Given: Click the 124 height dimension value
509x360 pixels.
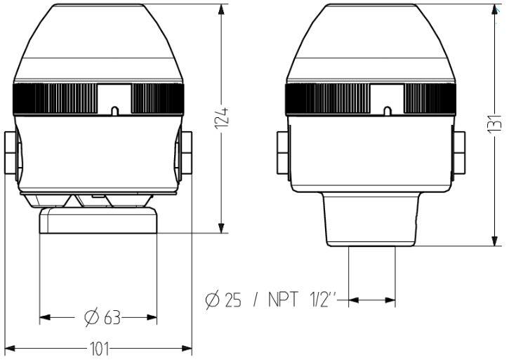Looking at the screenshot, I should coord(222,121).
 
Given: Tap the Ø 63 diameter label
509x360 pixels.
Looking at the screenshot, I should coord(103,318).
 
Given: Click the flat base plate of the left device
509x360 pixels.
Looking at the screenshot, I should coord(98,220).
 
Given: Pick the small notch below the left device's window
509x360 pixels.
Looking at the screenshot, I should coord(114,110).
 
